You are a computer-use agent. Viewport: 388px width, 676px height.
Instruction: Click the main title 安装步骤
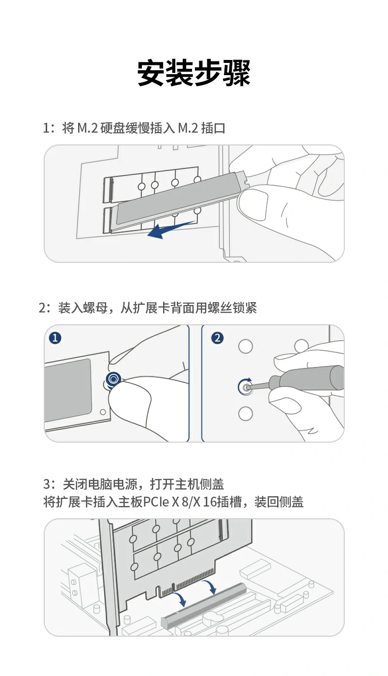click(194, 74)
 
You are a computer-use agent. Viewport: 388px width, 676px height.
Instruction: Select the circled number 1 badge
click(55, 338)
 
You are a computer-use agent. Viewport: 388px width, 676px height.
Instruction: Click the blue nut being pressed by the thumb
click(113, 379)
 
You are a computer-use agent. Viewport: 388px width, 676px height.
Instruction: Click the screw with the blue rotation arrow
click(245, 387)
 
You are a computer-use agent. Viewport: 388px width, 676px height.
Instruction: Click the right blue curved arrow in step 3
click(211, 586)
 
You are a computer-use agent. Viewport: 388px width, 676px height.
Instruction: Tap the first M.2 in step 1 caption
click(88, 129)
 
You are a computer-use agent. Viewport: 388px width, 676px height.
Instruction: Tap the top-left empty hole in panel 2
click(246, 346)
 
